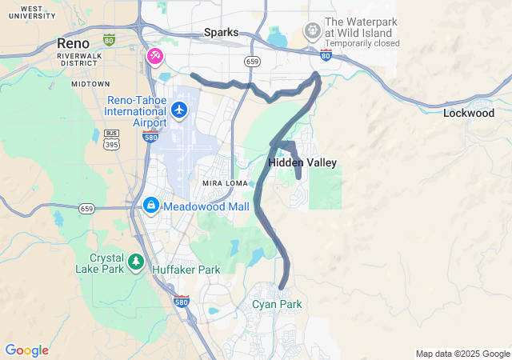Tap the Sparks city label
point(221,32)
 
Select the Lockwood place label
point(469,114)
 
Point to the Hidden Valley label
point(302,162)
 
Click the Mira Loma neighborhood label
point(224,183)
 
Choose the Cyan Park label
point(277,304)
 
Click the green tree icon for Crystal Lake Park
point(136,261)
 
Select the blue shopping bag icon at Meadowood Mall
point(150,206)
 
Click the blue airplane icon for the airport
point(179,109)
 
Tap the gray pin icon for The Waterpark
point(312,31)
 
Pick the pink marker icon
point(154,56)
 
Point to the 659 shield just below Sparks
point(253,61)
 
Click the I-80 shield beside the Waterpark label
point(326,54)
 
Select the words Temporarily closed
point(362,43)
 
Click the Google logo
point(26,350)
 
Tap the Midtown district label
point(90,83)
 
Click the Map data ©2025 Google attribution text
point(462,354)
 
